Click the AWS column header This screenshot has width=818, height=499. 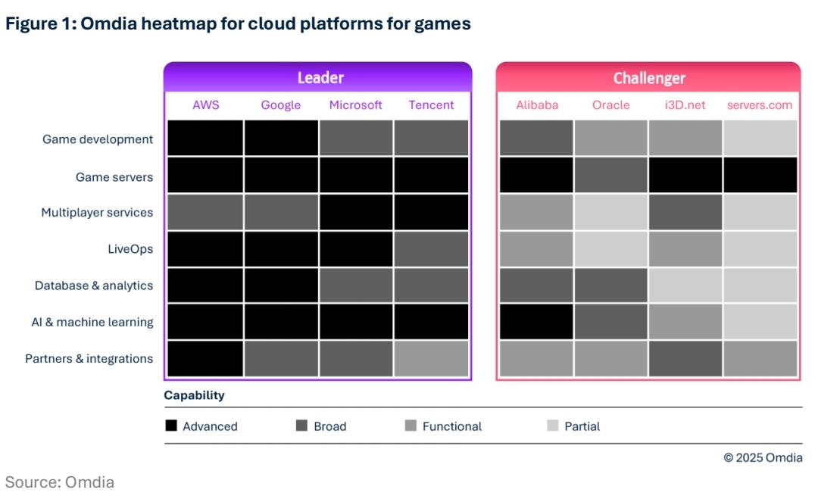pos(205,105)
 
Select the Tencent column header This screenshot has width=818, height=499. pos(431,105)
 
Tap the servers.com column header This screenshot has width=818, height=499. pos(759,105)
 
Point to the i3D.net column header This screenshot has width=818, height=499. pos(685,105)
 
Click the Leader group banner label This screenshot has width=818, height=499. pos(320,78)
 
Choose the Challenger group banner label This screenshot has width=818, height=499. pos(649,78)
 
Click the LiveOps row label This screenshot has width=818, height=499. pos(131,249)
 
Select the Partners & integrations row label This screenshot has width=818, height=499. pos(89,359)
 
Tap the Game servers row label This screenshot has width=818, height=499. pos(114,177)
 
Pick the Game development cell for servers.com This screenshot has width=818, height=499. pos(760,138)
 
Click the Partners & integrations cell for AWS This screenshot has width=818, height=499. pos(205,359)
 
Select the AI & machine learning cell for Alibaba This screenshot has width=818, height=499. pos(536,322)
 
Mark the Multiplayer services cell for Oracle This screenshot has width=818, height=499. pos(610,213)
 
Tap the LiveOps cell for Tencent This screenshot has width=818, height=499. pos(431,249)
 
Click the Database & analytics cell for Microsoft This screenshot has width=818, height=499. pos(356,285)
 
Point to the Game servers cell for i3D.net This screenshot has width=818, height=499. pos(685,175)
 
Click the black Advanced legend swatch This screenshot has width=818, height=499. pos(171,426)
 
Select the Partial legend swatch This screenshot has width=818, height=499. pos(553,426)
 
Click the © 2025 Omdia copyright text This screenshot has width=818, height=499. pos(763,457)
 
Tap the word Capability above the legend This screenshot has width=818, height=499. pos(194,395)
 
